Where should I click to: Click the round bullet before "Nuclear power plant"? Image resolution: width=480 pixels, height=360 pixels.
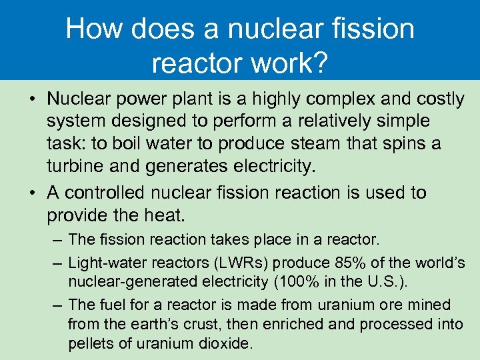(x=32, y=100)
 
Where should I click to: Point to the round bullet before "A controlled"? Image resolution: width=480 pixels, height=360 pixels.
(x=32, y=193)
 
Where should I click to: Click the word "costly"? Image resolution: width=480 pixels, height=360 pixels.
(x=439, y=99)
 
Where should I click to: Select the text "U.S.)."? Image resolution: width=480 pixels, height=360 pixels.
(x=387, y=281)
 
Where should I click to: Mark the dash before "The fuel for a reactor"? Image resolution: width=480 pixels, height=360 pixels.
(x=58, y=305)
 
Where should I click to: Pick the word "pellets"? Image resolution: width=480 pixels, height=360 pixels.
(x=90, y=344)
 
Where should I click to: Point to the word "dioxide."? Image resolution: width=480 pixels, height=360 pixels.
(x=224, y=344)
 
